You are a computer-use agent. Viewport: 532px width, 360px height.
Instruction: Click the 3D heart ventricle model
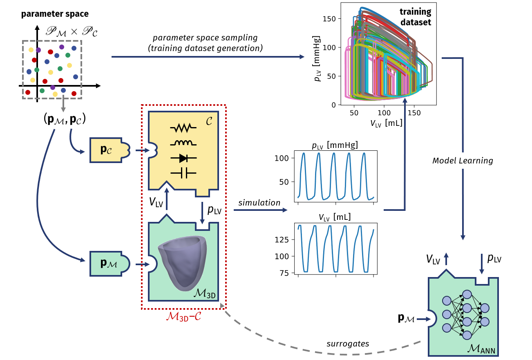click(181, 261)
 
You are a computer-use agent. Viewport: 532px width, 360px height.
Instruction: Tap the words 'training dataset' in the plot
click(416, 18)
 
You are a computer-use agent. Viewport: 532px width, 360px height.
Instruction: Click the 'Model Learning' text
click(463, 161)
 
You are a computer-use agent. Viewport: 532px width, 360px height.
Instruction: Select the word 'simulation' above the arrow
click(259, 203)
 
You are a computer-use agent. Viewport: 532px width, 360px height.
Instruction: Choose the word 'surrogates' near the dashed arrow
click(348, 344)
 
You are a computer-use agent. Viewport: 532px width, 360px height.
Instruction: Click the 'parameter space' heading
click(55, 14)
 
